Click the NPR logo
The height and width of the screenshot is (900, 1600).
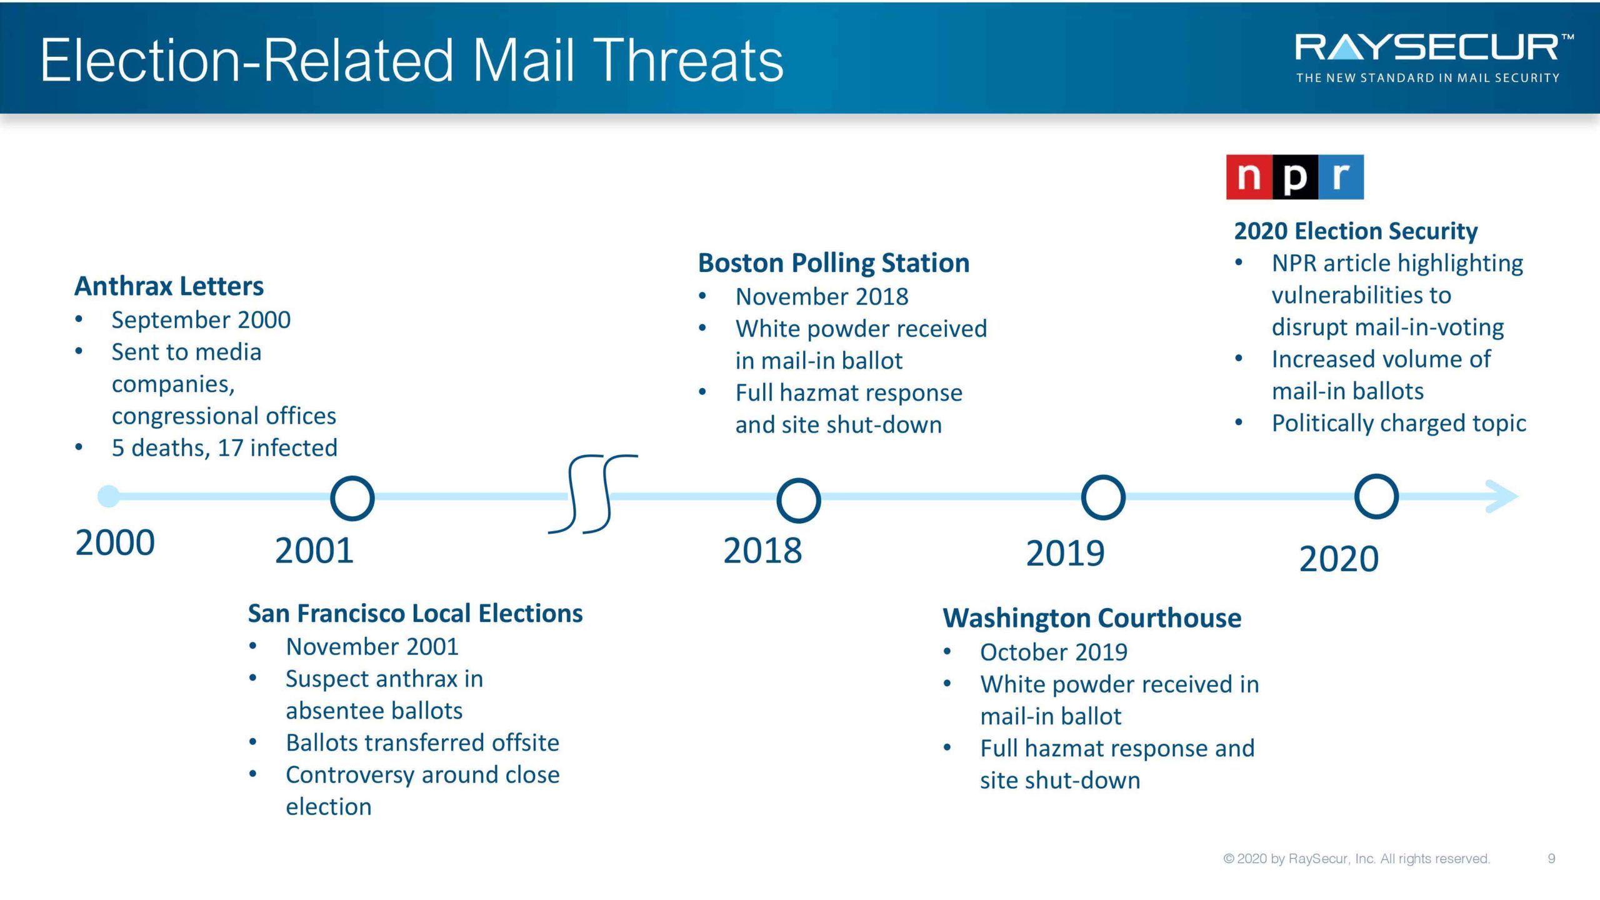pos(1294,177)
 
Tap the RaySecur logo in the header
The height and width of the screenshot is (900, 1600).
pos(1434,58)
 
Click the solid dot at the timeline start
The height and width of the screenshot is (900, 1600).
pos(109,496)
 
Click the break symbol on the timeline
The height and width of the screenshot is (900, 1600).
pos(592,494)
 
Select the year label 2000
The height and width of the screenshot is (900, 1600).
pos(115,542)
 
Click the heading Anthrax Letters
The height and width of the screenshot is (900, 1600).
pos(169,286)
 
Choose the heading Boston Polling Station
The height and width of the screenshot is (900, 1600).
pos(834,263)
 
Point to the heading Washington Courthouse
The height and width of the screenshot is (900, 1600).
pos(1092,618)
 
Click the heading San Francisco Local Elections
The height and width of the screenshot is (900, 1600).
pos(415,614)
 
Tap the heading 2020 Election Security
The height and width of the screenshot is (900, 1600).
pos(1356,231)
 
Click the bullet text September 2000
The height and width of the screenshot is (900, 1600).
pos(201,320)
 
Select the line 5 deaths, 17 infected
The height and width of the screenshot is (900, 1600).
pos(224,448)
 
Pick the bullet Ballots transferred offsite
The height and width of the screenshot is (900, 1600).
pos(422,743)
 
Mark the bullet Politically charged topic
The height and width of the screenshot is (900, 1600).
pos(1399,424)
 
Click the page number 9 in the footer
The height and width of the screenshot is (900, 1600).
pos(1551,859)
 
